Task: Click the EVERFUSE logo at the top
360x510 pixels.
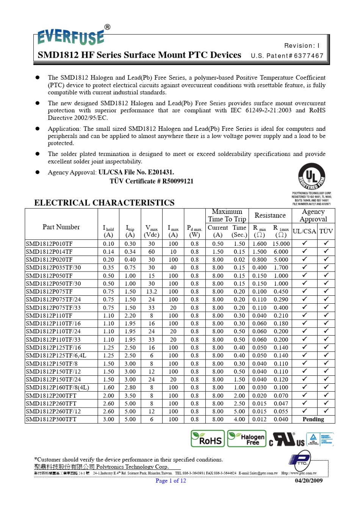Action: point(71,37)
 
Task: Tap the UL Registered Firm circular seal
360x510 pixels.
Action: point(311,177)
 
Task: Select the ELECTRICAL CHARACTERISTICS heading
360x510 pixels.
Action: point(104,202)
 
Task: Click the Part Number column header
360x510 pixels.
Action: point(61,227)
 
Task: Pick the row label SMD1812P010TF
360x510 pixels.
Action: point(49,244)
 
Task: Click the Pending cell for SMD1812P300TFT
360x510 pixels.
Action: point(313,419)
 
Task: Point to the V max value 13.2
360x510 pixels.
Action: point(152,292)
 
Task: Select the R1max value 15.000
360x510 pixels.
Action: point(281,244)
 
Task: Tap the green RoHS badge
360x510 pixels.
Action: point(208,439)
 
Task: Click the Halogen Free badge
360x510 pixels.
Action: point(247,439)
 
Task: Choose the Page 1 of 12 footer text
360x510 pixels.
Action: point(171,481)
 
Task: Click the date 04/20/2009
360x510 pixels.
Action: point(308,481)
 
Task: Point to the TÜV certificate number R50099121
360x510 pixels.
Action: point(178,181)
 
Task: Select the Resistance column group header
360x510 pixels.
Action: point(270,215)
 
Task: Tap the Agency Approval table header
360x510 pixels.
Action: point(313,215)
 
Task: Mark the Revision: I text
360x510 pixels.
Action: point(302,46)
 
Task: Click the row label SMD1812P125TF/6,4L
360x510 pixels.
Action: point(56,356)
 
